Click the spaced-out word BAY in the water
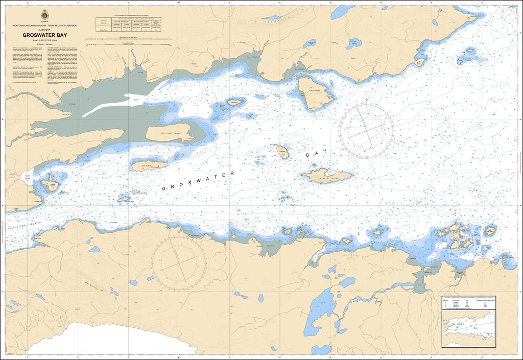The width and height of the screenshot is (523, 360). pos(315,153)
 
